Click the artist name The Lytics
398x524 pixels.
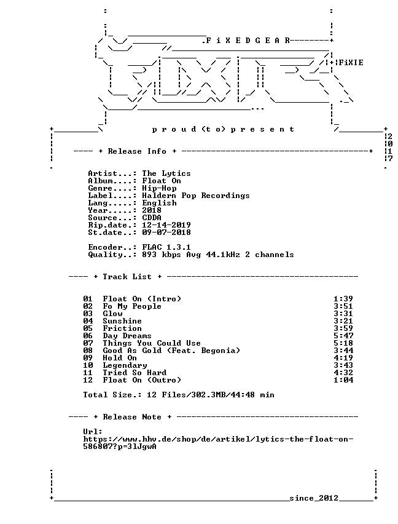pyautogui.click(x=166, y=173)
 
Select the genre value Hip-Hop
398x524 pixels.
pyautogui.click(x=159, y=188)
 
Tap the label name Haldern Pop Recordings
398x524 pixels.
pyautogui.click(x=196, y=196)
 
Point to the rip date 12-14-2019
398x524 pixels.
pyautogui.click(x=166, y=225)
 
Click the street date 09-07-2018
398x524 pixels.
pyautogui.click(x=166, y=232)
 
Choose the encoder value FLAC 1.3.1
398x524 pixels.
pyautogui.click(x=166, y=247)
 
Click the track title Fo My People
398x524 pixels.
pyautogui.click(x=132, y=306)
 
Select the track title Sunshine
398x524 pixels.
pyautogui.click(x=122, y=321)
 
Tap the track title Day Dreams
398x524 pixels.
pyautogui.click(x=127, y=336)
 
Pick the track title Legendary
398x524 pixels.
pyautogui.click(x=125, y=365)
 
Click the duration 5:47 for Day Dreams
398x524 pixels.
pyautogui.click(x=343, y=336)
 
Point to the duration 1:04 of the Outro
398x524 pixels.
pyautogui.click(x=343, y=380)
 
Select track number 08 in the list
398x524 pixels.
pyautogui.click(x=88, y=351)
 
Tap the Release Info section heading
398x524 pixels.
pyautogui.click(x=137, y=151)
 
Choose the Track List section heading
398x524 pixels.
pyautogui.click(x=127, y=277)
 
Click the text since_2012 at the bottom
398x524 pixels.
pyautogui.click(x=314, y=498)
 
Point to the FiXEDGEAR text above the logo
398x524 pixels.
pyautogui.click(x=246, y=41)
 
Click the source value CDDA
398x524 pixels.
pyautogui.click(x=152, y=218)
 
